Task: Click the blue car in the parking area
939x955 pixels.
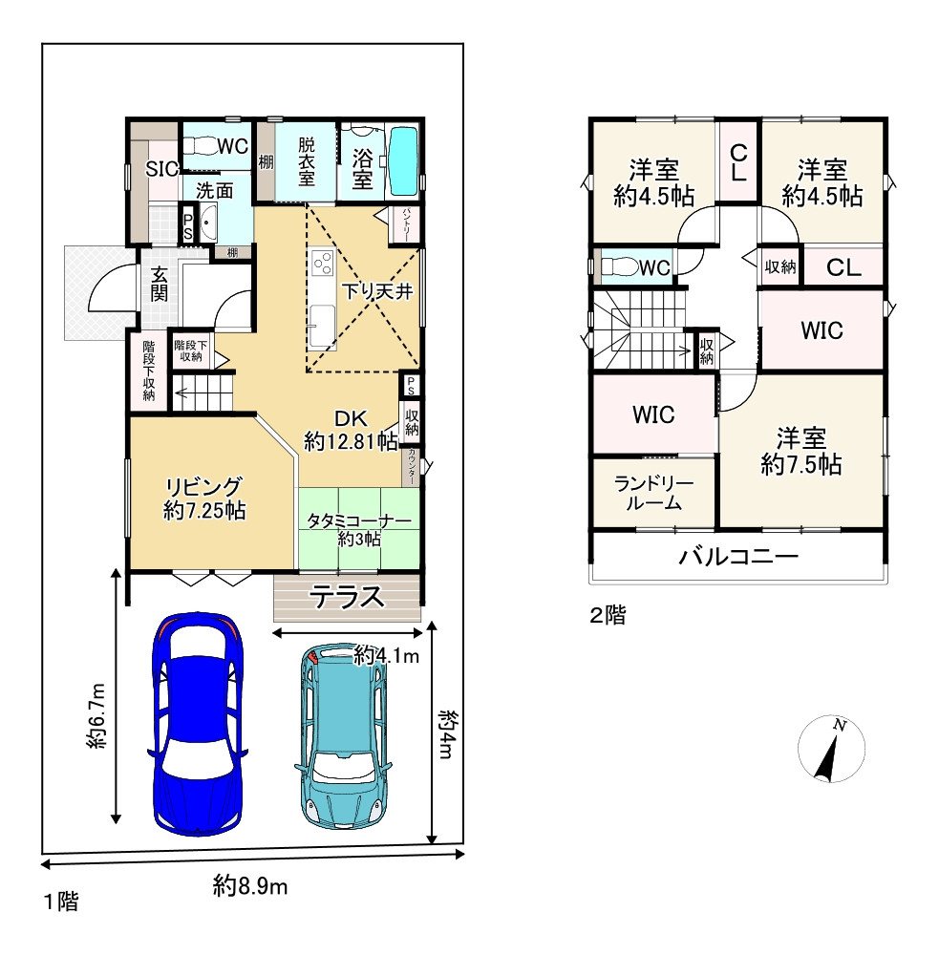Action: (197, 724)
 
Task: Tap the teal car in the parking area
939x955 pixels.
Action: (343, 734)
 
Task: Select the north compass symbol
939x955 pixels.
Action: (831, 749)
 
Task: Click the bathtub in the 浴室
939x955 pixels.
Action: (404, 161)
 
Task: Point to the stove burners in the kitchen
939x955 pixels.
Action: (322, 264)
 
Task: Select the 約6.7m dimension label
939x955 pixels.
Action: (96, 716)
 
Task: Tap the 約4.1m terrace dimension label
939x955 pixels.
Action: (386, 656)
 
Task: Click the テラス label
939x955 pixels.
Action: (348, 597)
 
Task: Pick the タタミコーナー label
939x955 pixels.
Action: (359, 521)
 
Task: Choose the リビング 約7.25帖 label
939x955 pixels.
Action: (204, 499)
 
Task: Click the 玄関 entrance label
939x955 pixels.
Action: (159, 284)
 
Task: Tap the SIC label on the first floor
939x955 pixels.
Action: (161, 169)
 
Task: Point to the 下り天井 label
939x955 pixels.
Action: (377, 291)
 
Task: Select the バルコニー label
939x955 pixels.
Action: (738, 557)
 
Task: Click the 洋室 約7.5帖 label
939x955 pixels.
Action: (801, 452)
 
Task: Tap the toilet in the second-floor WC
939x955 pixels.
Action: (620, 266)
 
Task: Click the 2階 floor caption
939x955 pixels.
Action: (608, 615)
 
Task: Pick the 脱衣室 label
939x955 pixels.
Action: (307, 161)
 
